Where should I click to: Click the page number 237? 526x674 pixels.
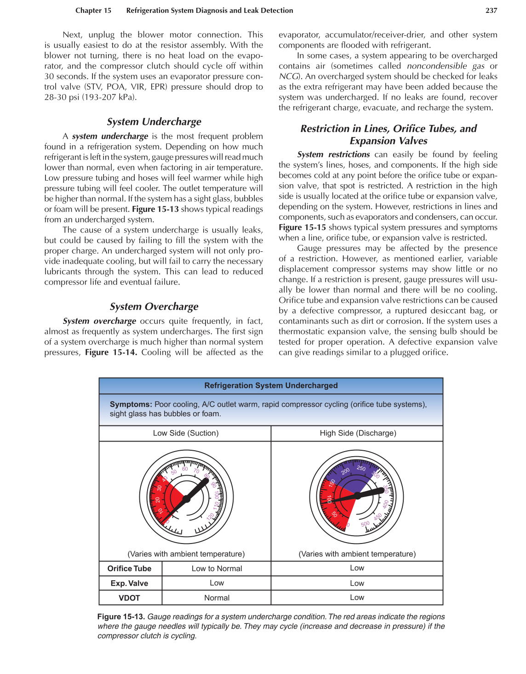click(491, 10)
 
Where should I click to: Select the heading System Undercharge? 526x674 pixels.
click(154, 122)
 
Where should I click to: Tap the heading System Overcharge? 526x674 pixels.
click(154, 306)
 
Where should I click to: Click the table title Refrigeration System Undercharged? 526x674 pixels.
click(271, 385)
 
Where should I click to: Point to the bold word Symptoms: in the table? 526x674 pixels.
click(131, 404)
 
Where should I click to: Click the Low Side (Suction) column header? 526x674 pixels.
click(186, 433)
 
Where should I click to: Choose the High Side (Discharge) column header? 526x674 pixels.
click(358, 433)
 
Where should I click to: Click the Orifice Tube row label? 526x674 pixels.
click(129, 568)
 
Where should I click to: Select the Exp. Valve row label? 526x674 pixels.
click(129, 583)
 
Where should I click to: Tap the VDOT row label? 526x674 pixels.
click(129, 598)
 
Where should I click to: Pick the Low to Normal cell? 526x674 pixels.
click(217, 568)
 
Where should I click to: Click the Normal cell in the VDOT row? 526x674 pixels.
click(217, 598)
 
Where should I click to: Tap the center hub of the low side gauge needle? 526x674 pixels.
click(186, 498)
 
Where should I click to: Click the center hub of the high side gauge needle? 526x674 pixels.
click(357, 496)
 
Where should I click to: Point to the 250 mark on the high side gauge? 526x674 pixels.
click(361, 469)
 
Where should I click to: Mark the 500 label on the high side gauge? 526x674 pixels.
click(365, 524)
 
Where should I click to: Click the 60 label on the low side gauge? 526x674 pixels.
click(185, 469)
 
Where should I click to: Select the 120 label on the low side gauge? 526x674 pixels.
click(210, 517)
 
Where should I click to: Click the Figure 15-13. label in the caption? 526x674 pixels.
click(121, 617)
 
